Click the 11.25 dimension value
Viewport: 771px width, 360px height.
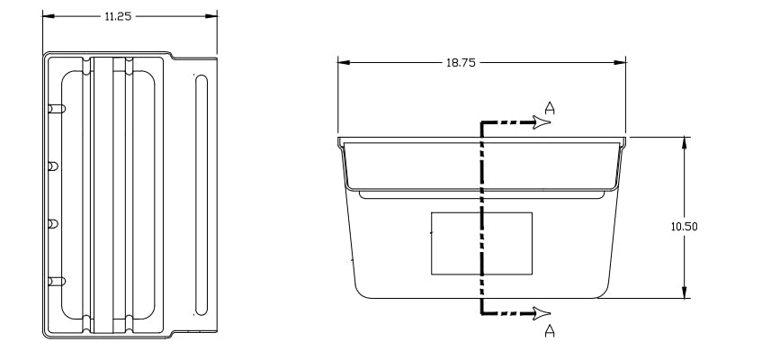coord(118,16)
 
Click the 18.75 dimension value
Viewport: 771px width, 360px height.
coord(461,63)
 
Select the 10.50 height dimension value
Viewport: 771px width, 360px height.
coord(684,227)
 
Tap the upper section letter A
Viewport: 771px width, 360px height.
coord(550,108)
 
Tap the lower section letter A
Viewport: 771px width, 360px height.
coord(550,331)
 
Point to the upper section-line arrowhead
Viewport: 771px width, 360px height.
coord(542,122)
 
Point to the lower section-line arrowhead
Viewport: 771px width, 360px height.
coord(542,313)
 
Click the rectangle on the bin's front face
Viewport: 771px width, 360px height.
coord(481,243)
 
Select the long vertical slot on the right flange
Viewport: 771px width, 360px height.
coord(202,194)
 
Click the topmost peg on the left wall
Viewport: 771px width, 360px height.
coord(57,109)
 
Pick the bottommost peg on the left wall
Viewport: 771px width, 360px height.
coord(57,282)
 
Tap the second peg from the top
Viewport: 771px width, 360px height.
coord(53,166)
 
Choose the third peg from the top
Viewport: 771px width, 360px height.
coord(53,224)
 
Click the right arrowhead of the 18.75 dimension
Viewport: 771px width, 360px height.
coord(620,62)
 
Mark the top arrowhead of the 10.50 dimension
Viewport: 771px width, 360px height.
coord(684,143)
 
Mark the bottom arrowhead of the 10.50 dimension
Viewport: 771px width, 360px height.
coord(684,292)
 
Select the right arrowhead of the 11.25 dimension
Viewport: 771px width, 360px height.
coord(211,16)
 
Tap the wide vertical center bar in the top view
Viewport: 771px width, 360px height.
coord(103,194)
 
